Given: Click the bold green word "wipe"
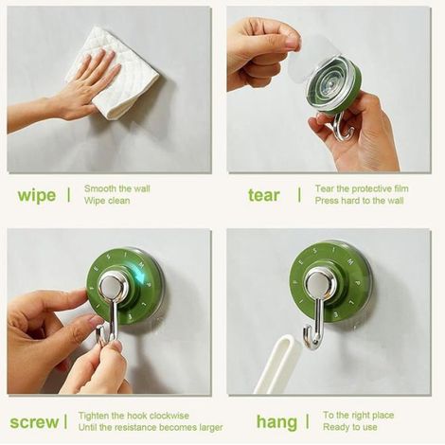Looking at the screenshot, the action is pos(37,196).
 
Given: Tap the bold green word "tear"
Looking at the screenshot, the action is pos(264,195).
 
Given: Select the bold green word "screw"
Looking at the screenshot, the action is pos(34,422).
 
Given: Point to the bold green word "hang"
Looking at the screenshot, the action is pos(276,422).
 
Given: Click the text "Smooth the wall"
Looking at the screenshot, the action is pos(117,188).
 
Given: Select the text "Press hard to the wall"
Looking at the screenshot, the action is pos(359,201).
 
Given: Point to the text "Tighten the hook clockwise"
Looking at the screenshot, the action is pos(133,416).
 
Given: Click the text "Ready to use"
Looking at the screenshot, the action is pos(350,427).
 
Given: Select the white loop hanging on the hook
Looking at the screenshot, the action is pos(277,363).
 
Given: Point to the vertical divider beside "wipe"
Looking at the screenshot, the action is pos(69,195).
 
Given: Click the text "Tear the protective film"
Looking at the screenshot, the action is pos(362,188).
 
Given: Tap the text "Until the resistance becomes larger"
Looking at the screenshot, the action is pos(151,427).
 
